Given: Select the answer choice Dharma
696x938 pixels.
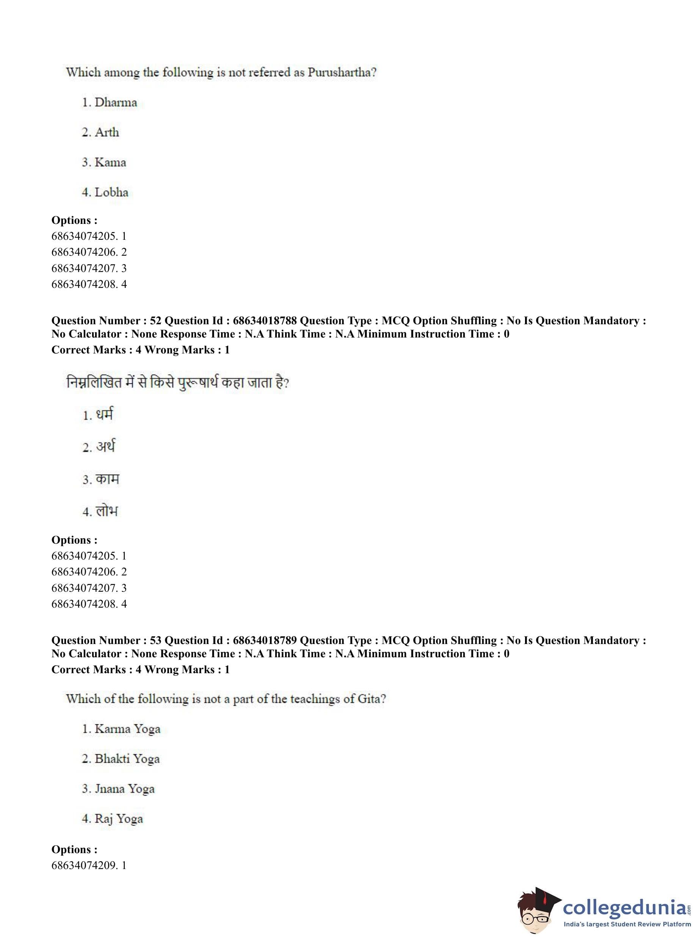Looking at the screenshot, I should point(116,102).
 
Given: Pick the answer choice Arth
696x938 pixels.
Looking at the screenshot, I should point(107,132).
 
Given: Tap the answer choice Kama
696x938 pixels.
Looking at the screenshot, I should point(110,162).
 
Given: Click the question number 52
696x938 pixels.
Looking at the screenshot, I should point(155,320).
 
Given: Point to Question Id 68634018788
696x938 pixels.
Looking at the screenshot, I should point(265,320).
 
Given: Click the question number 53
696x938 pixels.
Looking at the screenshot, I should point(155,640).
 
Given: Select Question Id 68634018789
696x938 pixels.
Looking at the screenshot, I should point(265,640).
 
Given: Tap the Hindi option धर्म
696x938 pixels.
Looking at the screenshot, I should point(104,415).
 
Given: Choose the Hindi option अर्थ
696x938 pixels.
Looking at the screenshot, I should point(105,447).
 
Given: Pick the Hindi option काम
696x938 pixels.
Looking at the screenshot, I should point(107,479).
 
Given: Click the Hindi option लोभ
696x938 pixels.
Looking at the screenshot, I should point(107,511).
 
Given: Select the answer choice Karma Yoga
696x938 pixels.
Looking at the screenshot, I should point(127,729).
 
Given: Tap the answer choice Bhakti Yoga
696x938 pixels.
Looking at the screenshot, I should point(127,759).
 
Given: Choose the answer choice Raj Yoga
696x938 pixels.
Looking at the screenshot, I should point(118,818).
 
